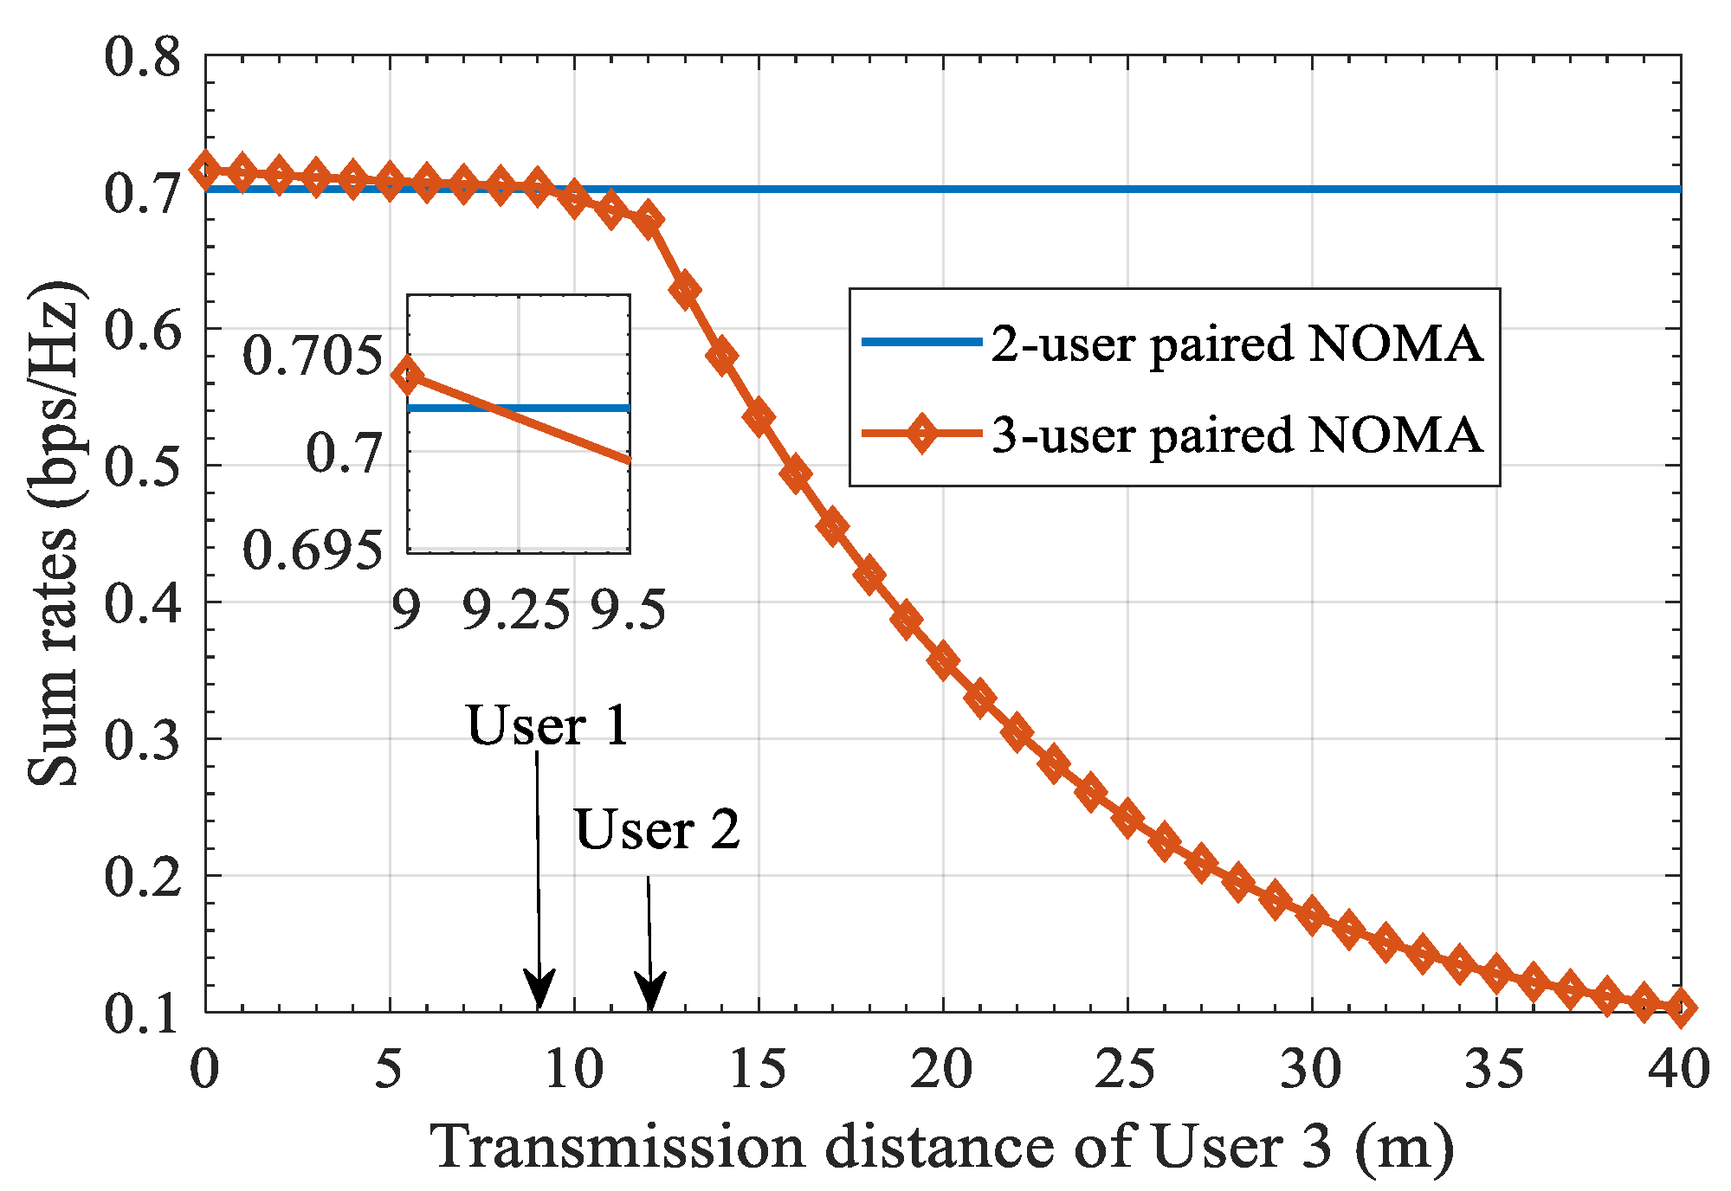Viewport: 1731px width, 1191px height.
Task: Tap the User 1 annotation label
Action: [x=546, y=725]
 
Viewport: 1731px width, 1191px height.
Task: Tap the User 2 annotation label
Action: [x=657, y=829]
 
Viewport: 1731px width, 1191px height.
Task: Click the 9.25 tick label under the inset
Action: [x=516, y=609]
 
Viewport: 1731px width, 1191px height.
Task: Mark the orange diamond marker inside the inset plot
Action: [x=408, y=376]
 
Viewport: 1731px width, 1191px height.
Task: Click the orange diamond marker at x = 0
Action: [x=205, y=170]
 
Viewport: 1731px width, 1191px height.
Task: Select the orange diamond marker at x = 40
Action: [x=1681, y=1008]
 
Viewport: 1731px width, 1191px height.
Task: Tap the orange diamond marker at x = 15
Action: [x=759, y=417]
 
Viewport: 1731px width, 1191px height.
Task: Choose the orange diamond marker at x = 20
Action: [x=943, y=660]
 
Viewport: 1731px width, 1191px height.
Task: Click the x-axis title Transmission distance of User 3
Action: [x=942, y=1147]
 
